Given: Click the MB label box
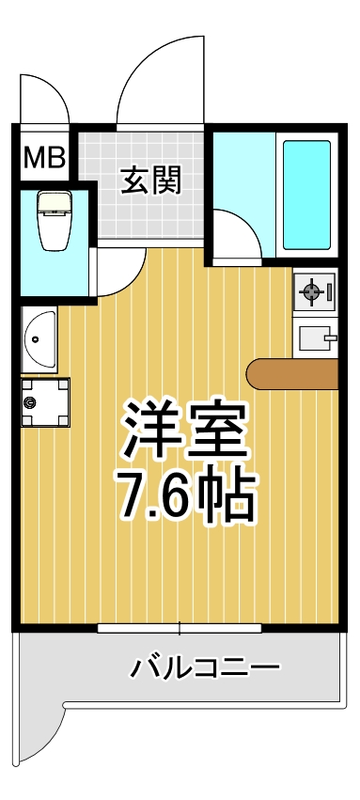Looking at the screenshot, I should coord(44,157).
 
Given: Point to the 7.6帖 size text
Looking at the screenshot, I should coord(185,495).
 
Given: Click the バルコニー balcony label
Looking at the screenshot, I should coord(205,669).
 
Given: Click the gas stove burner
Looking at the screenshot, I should coord(309,294).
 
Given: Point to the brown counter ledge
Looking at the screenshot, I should coord(291,374).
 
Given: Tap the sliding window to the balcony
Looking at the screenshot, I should coord(180,626).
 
